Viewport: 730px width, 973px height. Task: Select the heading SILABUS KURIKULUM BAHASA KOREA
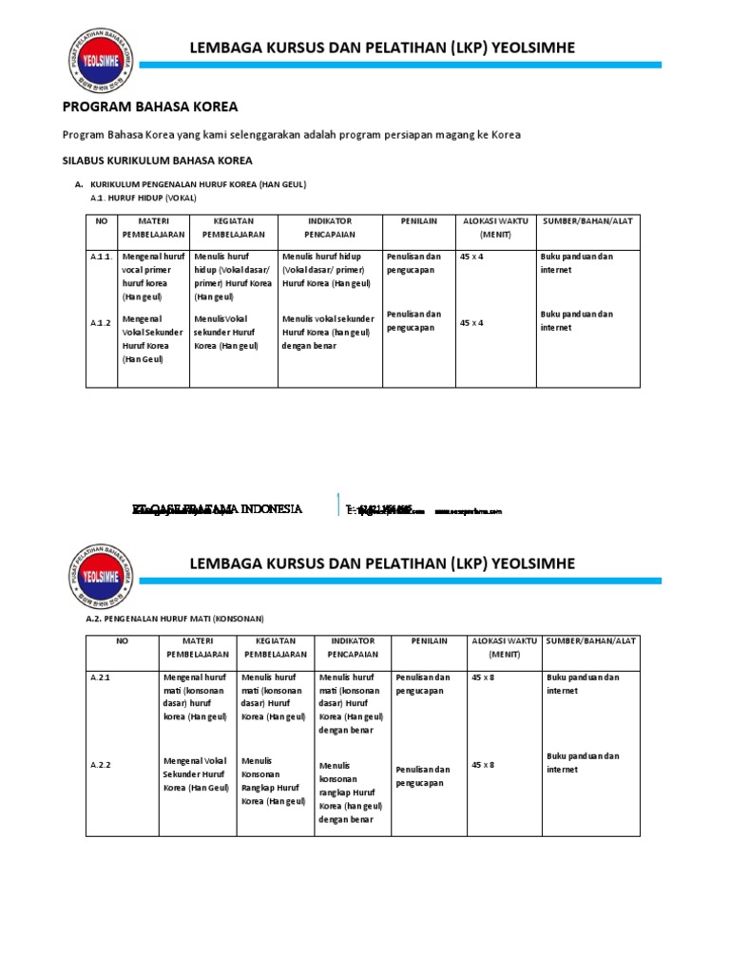point(158,162)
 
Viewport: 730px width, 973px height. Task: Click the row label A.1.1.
point(102,258)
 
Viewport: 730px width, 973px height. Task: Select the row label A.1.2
point(101,323)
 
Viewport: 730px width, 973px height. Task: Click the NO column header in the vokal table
point(102,220)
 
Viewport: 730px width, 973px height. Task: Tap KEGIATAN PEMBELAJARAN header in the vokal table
point(231,227)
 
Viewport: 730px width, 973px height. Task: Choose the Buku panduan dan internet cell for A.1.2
point(576,321)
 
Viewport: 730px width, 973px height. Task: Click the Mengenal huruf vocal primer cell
point(153,277)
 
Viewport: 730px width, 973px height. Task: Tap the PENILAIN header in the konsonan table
point(429,641)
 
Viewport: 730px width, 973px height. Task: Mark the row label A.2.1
point(102,677)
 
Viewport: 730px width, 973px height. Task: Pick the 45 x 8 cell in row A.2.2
point(483,765)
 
